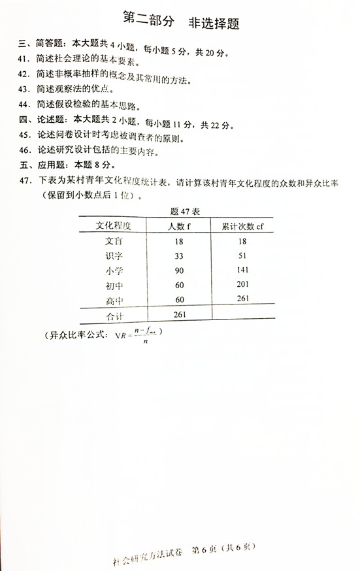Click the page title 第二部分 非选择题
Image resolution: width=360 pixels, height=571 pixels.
click(180, 22)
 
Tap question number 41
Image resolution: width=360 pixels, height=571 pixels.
click(24, 61)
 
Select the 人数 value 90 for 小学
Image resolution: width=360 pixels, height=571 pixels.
click(179, 270)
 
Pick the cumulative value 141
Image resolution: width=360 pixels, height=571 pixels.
click(243, 270)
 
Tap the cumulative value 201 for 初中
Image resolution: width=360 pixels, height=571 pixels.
click(243, 285)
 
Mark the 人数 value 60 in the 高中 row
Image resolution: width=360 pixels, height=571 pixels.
click(179, 300)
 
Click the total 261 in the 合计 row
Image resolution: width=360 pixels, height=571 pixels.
click(179, 315)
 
